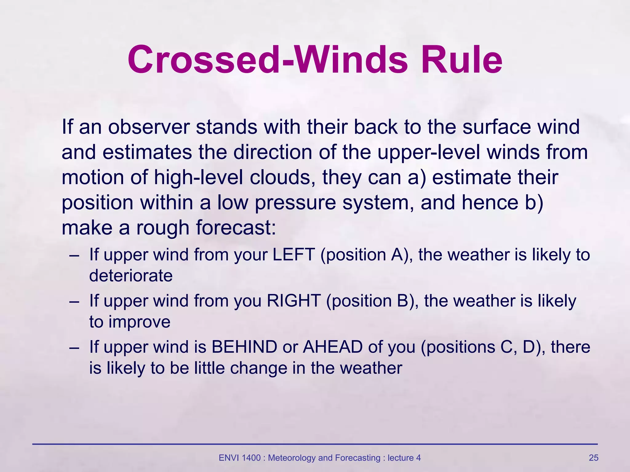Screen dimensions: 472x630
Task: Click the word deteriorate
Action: (x=131, y=275)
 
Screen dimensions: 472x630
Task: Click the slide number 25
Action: (x=593, y=458)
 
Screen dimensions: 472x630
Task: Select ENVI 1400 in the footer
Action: (x=240, y=458)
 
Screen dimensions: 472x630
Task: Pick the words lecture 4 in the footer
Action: (x=404, y=458)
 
